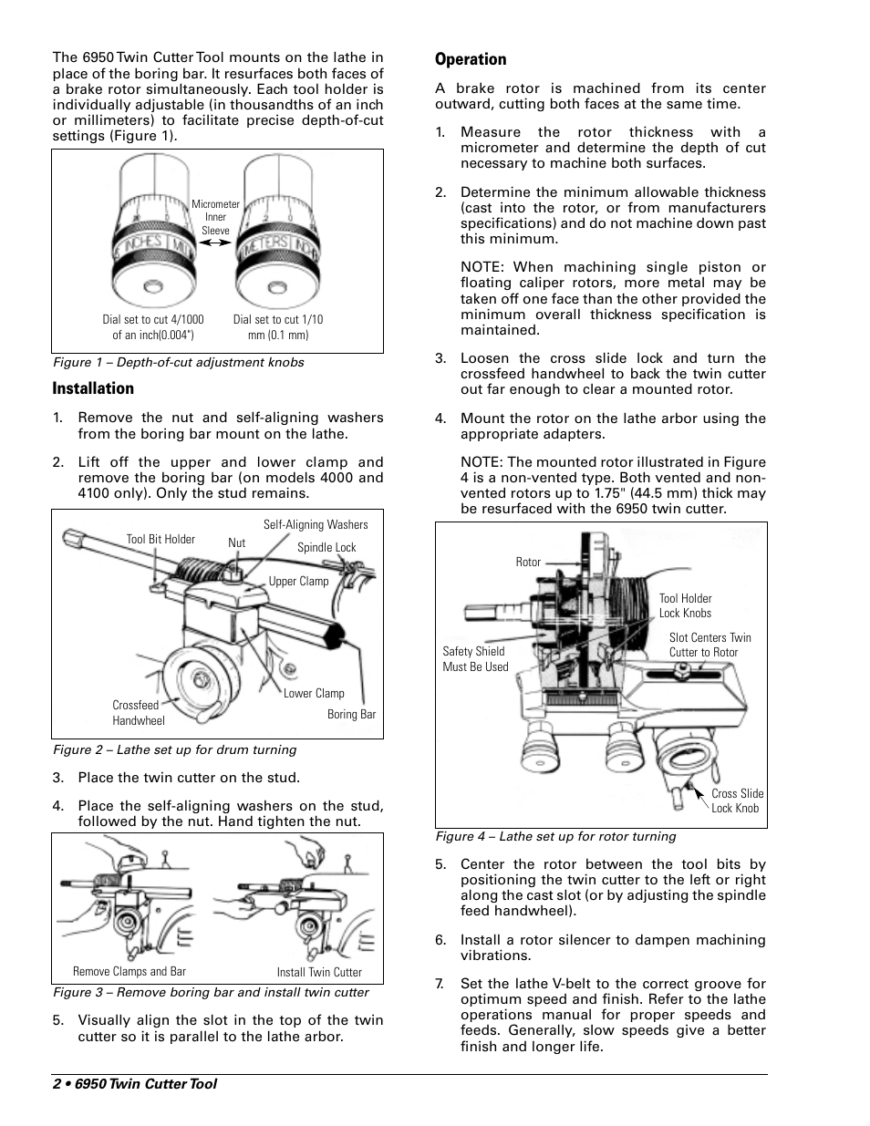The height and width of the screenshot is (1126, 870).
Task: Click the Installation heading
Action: click(93, 388)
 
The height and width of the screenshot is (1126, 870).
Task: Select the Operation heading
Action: click(471, 59)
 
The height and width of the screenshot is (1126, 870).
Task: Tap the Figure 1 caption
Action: click(178, 362)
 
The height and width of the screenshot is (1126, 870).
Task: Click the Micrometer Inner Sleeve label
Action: click(215, 218)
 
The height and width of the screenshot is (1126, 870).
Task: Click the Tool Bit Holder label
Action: click(161, 539)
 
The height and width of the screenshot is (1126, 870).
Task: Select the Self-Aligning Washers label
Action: click(316, 524)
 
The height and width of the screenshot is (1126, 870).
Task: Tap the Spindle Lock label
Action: click(326, 547)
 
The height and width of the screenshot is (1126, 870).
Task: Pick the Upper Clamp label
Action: click(298, 581)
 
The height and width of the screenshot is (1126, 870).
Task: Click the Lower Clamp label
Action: click(314, 693)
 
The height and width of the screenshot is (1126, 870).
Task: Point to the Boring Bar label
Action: click(351, 715)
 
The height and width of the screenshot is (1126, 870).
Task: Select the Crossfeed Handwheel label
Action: click(138, 713)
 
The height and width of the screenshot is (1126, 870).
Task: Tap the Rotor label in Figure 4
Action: click(528, 563)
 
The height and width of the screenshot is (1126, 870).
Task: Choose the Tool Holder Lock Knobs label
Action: click(685, 606)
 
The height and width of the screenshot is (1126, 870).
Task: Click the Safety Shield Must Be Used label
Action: click(474, 659)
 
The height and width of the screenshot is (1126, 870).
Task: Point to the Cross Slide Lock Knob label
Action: click(737, 801)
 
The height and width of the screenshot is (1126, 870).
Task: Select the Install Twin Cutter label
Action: click(319, 972)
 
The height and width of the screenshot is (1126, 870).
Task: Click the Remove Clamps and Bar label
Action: click(129, 971)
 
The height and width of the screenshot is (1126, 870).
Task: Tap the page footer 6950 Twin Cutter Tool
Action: click(135, 1084)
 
